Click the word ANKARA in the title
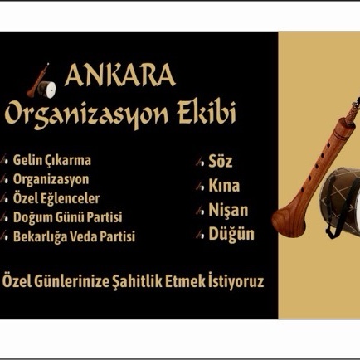(x=120, y=75)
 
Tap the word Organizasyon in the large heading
(x=86, y=114)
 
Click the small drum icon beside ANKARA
(x=47, y=90)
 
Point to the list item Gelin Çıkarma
(x=52, y=160)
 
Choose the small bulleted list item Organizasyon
(x=51, y=180)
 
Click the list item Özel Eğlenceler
(x=56, y=198)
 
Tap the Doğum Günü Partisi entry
(x=67, y=217)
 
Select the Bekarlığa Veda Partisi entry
(x=74, y=236)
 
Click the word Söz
(x=220, y=161)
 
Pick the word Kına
(x=224, y=185)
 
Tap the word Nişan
(x=228, y=210)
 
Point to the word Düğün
(x=231, y=234)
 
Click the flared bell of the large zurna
(x=288, y=221)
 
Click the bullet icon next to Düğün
(x=200, y=235)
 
